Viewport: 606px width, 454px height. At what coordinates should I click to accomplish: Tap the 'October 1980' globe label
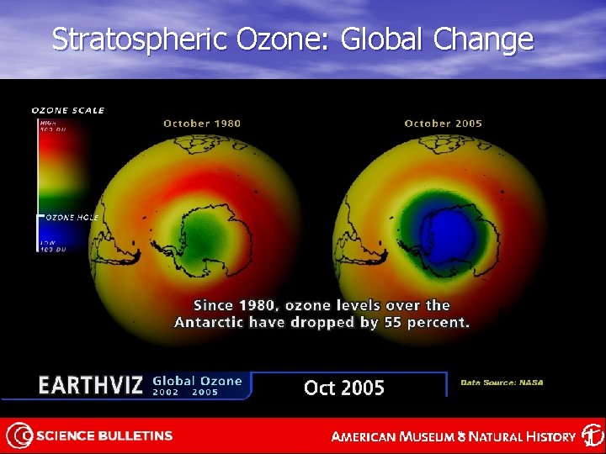202,124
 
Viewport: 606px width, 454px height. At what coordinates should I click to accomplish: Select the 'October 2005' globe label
443,124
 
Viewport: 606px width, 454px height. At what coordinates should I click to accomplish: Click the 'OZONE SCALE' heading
68,110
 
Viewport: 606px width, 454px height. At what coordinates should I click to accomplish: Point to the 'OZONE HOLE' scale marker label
72,217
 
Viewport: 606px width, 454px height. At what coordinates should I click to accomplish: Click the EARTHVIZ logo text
91,386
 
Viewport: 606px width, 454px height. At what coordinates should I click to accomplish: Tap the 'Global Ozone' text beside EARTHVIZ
197,381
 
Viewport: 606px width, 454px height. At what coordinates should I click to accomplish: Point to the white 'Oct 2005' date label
343,388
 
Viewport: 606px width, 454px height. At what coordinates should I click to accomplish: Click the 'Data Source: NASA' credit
502,383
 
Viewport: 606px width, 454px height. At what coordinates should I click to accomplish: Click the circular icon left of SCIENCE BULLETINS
20,436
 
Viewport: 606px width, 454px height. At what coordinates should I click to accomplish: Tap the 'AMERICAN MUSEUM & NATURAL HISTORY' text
453,436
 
